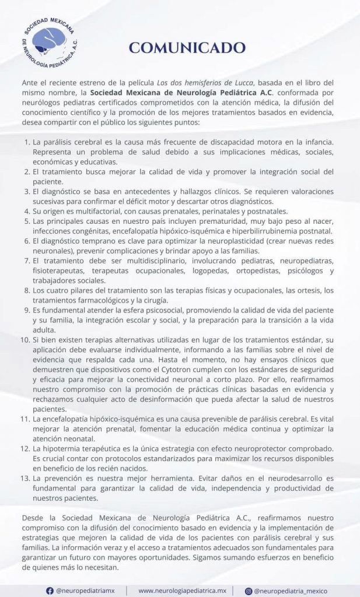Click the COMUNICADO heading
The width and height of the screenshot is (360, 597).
187,48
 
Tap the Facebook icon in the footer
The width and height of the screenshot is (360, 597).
49,590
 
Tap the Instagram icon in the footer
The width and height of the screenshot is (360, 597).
247,590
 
